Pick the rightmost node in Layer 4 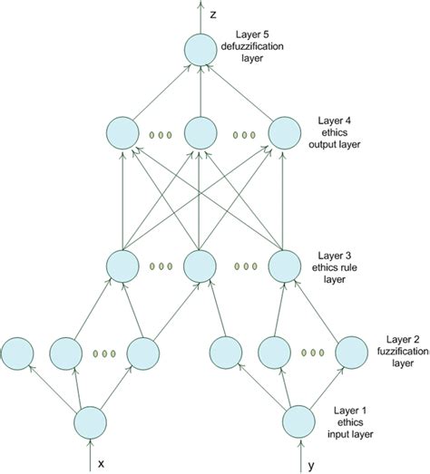[x=285, y=134]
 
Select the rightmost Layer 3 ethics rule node [x=285, y=266]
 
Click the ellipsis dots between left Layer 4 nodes [x=161, y=136]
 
